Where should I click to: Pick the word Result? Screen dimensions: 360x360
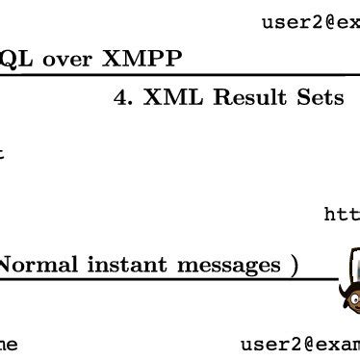pyautogui.click(x=240, y=98)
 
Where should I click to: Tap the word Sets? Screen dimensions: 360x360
pyautogui.click(x=319, y=98)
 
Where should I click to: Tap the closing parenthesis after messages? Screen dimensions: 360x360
pyautogui.click(x=294, y=264)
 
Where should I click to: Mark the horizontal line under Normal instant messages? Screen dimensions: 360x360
pyautogui.click(x=144, y=279)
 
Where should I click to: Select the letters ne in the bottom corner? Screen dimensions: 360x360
pyautogui.click(x=9, y=344)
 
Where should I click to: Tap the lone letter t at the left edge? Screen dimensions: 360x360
pyautogui.click(x=3, y=151)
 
